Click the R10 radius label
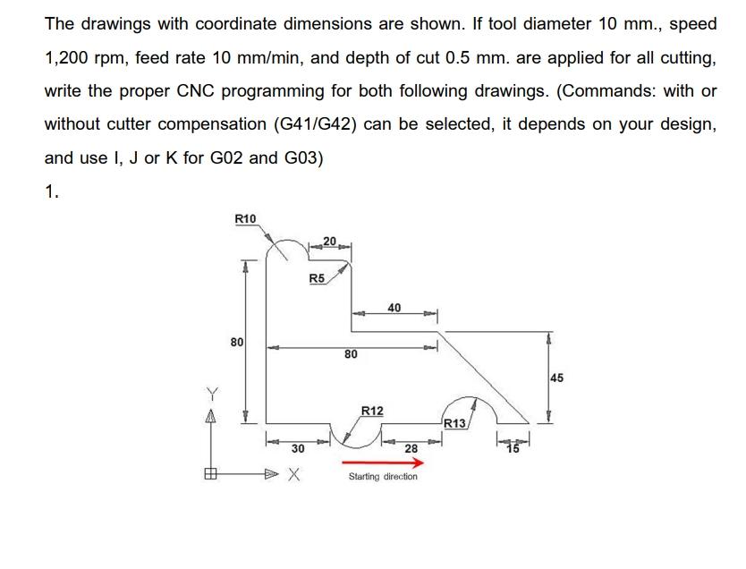pos(245,219)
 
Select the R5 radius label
pos(317,279)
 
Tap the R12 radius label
pos(372,411)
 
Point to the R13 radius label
pos(455,424)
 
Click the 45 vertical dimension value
pos(556,378)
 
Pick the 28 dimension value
pos(411,447)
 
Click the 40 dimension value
pos(394,308)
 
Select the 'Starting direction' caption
pos(383,477)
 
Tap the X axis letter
pos(293,476)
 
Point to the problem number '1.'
pos(53,191)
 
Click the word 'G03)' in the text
pos(299,157)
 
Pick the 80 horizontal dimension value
pos(351,354)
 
